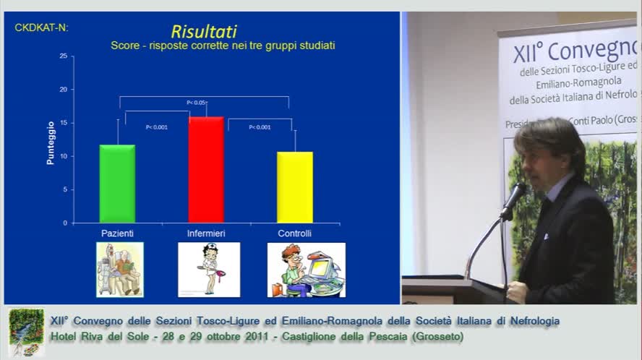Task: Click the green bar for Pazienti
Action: [x=117, y=184]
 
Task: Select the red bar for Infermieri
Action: [x=206, y=169]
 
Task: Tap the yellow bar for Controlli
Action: [x=295, y=187]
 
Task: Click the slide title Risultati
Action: [x=204, y=31]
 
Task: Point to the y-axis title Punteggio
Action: [x=51, y=143]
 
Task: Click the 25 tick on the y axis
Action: [x=64, y=56]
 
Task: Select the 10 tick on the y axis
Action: [x=64, y=156]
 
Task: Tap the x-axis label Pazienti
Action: [x=117, y=233]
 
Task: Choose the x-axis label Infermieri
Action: [x=206, y=233]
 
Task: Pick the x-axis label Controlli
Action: [x=295, y=233]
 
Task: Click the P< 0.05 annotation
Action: [x=196, y=103]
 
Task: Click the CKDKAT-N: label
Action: [x=42, y=27]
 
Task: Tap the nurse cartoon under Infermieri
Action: [x=209, y=270]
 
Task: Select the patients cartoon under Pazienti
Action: [x=120, y=270]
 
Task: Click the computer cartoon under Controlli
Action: [x=306, y=270]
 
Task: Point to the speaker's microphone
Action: [x=514, y=199]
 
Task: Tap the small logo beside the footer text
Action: [x=26, y=332]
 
